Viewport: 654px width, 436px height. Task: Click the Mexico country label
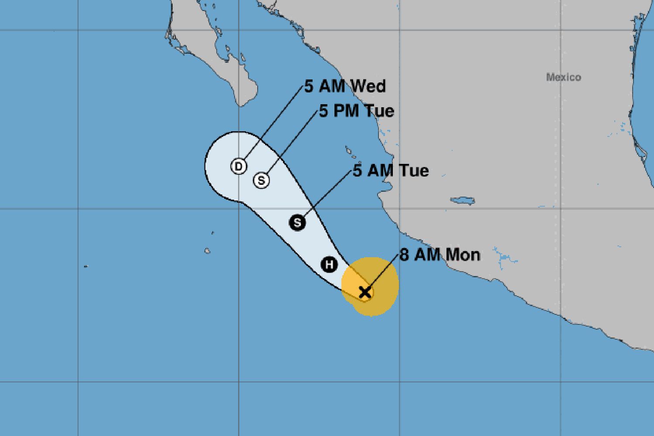pos(563,78)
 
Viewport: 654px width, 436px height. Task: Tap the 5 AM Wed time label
pos(345,86)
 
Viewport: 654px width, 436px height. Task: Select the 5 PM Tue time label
pos(356,111)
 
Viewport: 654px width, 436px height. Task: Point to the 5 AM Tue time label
pos(391,170)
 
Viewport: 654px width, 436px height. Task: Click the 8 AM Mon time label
pos(439,255)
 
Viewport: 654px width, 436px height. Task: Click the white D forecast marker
pos(238,166)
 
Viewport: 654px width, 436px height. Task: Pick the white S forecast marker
pos(262,180)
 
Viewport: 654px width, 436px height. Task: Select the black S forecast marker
pos(297,223)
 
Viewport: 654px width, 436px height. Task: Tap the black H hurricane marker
pos(330,264)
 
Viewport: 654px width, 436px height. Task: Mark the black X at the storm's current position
pos(365,292)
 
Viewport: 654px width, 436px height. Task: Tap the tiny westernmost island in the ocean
pos(85,266)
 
